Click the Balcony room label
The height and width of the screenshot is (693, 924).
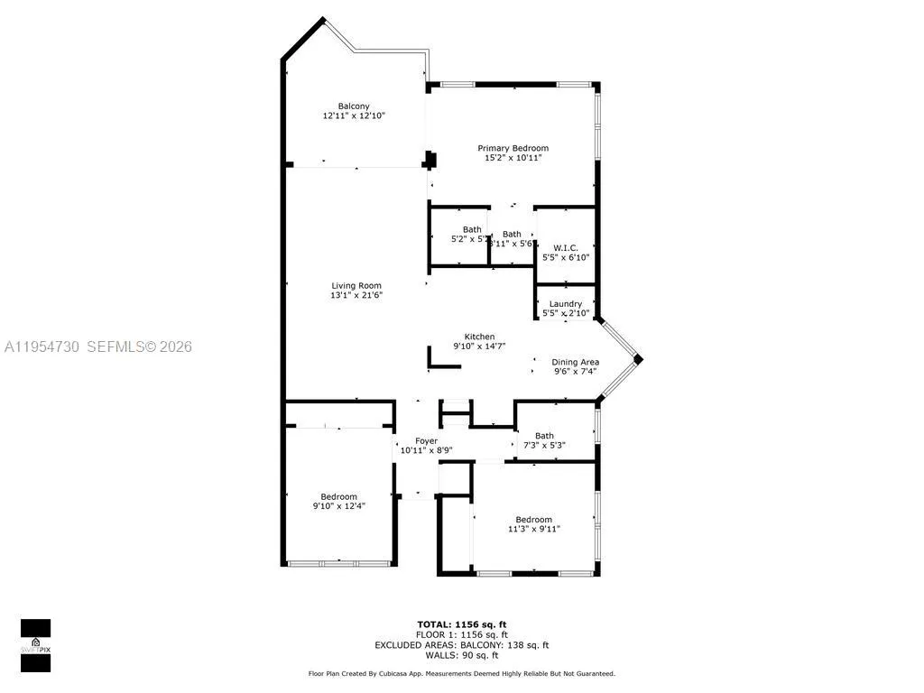[x=354, y=106]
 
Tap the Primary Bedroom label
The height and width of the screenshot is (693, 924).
[x=513, y=148]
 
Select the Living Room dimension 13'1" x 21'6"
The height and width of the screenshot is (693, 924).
[x=356, y=295]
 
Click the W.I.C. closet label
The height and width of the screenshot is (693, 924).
[x=566, y=247]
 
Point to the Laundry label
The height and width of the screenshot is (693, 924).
[x=566, y=304]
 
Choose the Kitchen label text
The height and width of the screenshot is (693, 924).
[x=479, y=337]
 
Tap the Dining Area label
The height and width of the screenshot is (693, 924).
[x=576, y=362]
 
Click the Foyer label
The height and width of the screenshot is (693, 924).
[x=426, y=441]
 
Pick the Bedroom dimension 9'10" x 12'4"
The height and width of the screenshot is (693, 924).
[x=338, y=506]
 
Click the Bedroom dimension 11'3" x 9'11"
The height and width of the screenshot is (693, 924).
[x=533, y=529]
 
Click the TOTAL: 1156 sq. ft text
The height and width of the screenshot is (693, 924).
[x=461, y=624]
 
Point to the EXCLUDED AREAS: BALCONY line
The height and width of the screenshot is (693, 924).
[x=461, y=645]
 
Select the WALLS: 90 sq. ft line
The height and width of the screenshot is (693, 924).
[x=461, y=656]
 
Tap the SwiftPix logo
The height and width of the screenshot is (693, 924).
[x=35, y=645]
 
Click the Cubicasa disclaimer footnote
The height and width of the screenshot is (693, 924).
[x=461, y=674]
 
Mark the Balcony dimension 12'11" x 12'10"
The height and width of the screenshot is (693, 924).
[x=354, y=115]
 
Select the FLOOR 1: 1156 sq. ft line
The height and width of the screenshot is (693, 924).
[x=461, y=635]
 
